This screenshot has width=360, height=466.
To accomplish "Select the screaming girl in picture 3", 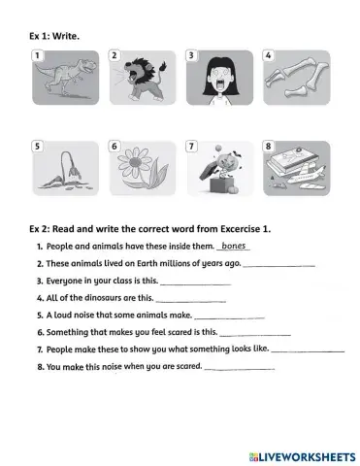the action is [218, 79].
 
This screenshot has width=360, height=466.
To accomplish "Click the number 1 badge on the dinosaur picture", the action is [39, 56].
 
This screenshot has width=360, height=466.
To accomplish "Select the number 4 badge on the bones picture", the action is [269, 56].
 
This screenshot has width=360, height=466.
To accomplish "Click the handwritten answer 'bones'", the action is [234, 247].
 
